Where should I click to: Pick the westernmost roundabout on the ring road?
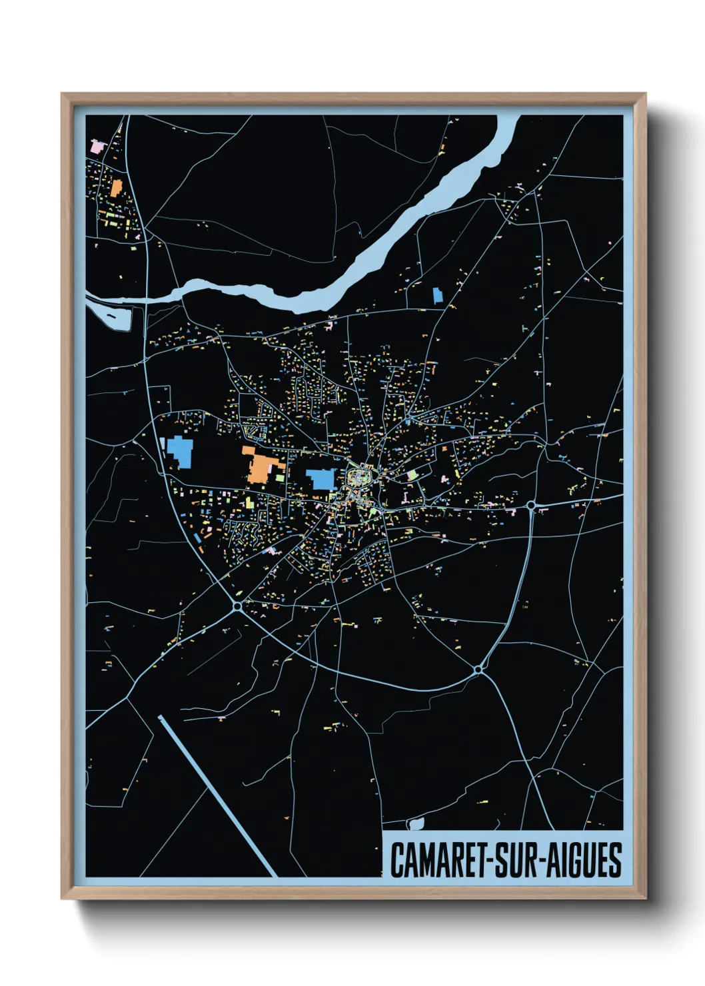click(x=237, y=606)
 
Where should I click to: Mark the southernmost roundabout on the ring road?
click(x=478, y=668)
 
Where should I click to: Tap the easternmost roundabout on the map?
click(x=531, y=506)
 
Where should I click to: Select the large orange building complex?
click(x=260, y=466)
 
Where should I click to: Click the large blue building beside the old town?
click(x=322, y=478)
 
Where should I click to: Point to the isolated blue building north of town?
click(x=437, y=295)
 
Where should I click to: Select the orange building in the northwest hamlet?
click(x=117, y=188)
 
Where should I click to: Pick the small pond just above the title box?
click(x=416, y=823)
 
